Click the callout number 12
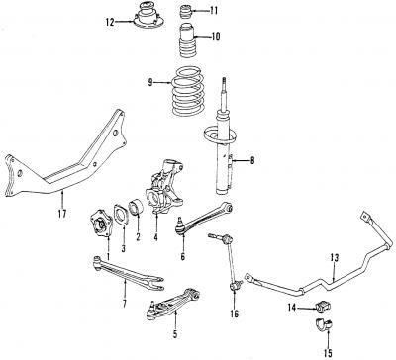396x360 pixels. (110, 22)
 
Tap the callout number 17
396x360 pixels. (62, 214)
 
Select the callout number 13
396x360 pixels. (335, 257)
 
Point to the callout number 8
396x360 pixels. (252, 161)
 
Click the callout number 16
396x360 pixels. (234, 314)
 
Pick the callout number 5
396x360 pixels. (175, 334)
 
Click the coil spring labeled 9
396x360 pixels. (187, 91)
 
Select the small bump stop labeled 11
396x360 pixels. (186, 12)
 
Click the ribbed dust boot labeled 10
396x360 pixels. (186, 43)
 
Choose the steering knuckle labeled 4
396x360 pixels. (164, 188)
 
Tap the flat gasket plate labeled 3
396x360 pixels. (121, 216)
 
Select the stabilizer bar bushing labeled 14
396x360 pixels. (324, 307)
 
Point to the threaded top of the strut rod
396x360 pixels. (224, 84)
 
